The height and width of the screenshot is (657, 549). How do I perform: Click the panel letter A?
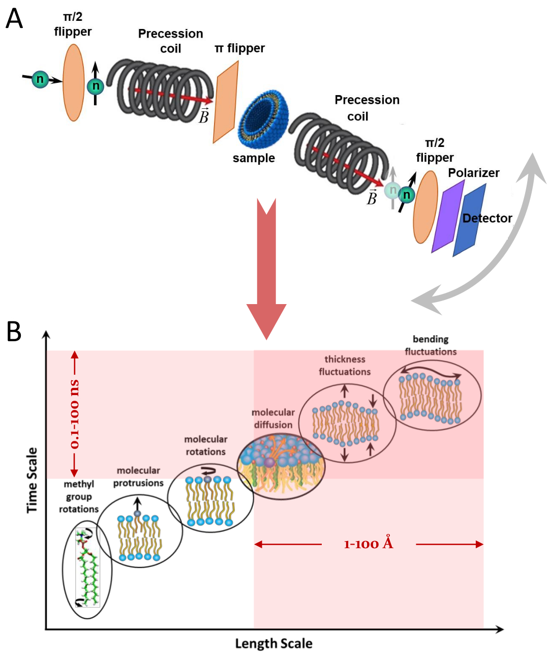[14, 19]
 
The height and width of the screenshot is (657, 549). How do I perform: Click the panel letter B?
[14, 332]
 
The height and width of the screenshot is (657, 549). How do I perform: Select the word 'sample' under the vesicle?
[254, 158]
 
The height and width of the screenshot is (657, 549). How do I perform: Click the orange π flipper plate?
[226, 102]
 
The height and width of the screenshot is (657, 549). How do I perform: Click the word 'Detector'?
[487, 218]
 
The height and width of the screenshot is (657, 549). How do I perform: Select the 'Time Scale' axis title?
[32, 480]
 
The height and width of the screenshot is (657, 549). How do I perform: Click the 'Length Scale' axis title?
[273, 644]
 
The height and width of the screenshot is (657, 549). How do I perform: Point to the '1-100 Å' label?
[369, 544]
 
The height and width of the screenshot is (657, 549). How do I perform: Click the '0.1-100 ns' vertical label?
[75, 414]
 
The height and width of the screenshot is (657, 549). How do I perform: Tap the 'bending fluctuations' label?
[431, 345]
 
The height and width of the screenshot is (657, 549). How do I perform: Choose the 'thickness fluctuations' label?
[345, 365]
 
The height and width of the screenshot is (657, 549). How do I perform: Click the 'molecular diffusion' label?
[273, 419]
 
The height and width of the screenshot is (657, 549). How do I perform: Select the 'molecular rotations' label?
[205, 445]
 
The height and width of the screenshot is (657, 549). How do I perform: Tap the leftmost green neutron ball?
[40, 79]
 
